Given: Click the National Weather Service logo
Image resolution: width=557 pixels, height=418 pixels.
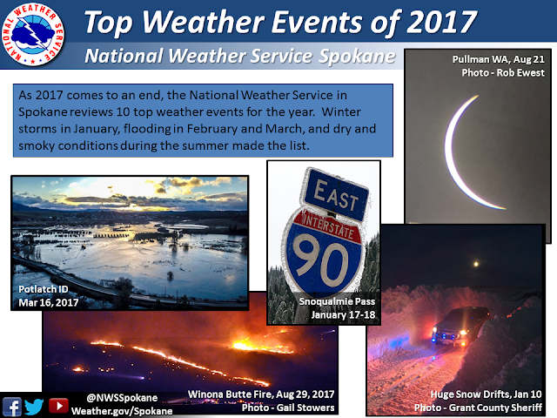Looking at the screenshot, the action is (x=32, y=34).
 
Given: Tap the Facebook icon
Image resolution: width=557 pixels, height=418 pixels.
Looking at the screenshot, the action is (x=12, y=407).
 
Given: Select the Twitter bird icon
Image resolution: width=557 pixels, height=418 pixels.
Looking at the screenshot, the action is (x=34, y=407).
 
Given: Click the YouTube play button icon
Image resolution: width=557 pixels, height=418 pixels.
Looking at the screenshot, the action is (x=58, y=406).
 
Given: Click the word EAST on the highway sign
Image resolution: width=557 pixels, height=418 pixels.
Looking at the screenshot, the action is (x=336, y=195).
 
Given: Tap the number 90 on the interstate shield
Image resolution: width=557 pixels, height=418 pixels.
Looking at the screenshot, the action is (x=321, y=260).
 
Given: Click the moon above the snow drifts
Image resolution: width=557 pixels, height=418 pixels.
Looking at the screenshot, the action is (x=476, y=264).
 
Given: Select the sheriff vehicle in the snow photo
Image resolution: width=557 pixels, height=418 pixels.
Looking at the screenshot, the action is (x=460, y=327).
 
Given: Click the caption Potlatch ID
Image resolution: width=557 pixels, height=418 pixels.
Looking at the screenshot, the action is (x=43, y=289).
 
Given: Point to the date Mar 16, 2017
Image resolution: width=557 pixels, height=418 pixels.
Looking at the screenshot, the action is (x=49, y=302).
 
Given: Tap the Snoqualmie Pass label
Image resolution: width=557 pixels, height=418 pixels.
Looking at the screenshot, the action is (x=337, y=301).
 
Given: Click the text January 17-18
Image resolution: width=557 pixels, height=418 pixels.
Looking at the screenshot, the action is (x=343, y=315).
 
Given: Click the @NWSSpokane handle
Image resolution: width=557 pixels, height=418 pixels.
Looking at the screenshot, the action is (x=122, y=398).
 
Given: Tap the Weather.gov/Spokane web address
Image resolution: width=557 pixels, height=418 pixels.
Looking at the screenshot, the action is (x=122, y=411).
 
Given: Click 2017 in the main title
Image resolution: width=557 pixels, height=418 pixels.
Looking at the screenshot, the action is (x=441, y=22).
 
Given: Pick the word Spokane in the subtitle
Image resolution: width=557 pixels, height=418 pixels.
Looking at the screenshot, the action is (x=357, y=56).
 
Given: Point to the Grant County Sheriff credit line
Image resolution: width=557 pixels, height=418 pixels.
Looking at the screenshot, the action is (x=478, y=408).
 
